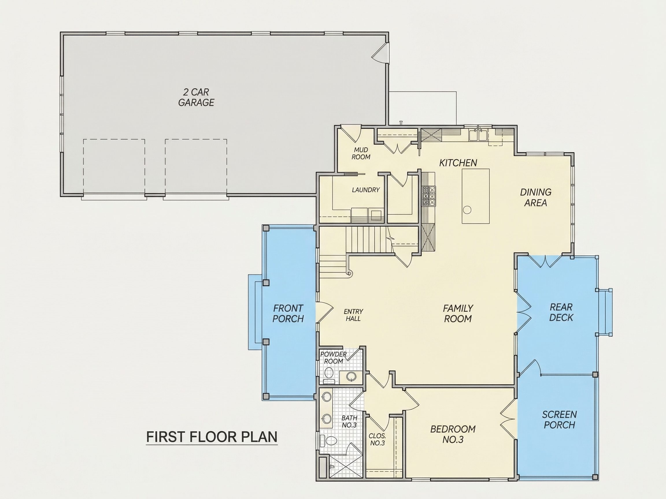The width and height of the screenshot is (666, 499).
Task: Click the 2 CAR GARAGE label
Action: pyautogui.click(x=196, y=97)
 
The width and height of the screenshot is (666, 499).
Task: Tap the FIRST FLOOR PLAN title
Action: pyautogui.click(x=212, y=437)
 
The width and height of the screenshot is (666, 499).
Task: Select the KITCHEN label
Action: pyautogui.click(x=458, y=163)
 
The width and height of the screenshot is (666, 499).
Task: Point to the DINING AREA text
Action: pyautogui.click(x=536, y=197)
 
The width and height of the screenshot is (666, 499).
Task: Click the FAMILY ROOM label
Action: pyautogui.click(x=458, y=313)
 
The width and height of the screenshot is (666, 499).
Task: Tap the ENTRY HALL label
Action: pyautogui.click(x=353, y=315)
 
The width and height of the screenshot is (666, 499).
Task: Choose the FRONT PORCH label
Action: pyautogui.click(x=288, y=313)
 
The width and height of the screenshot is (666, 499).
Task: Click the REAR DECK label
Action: pyautogui.click(x=561, y=312)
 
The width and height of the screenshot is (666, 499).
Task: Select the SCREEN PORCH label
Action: pyautogui.click(x=559, y=420)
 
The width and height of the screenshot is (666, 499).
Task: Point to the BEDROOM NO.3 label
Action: pyautogui.click(x=453, y=434)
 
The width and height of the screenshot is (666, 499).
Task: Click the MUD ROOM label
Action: pyautogui.click(x=361, y=153)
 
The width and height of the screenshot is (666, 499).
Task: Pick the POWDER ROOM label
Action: pyautogui.click(x=333, y=358)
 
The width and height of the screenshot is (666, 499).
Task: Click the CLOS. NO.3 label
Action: pyautogui.click(x=377, y=440)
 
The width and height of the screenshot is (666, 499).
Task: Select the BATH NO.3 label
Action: pyautogui.click(x=349, y=421)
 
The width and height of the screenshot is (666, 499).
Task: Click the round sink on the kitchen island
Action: pyautogui.click(x=467, y=209)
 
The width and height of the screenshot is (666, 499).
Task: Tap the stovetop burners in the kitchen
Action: pyautogui.click(x=429, y=196)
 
